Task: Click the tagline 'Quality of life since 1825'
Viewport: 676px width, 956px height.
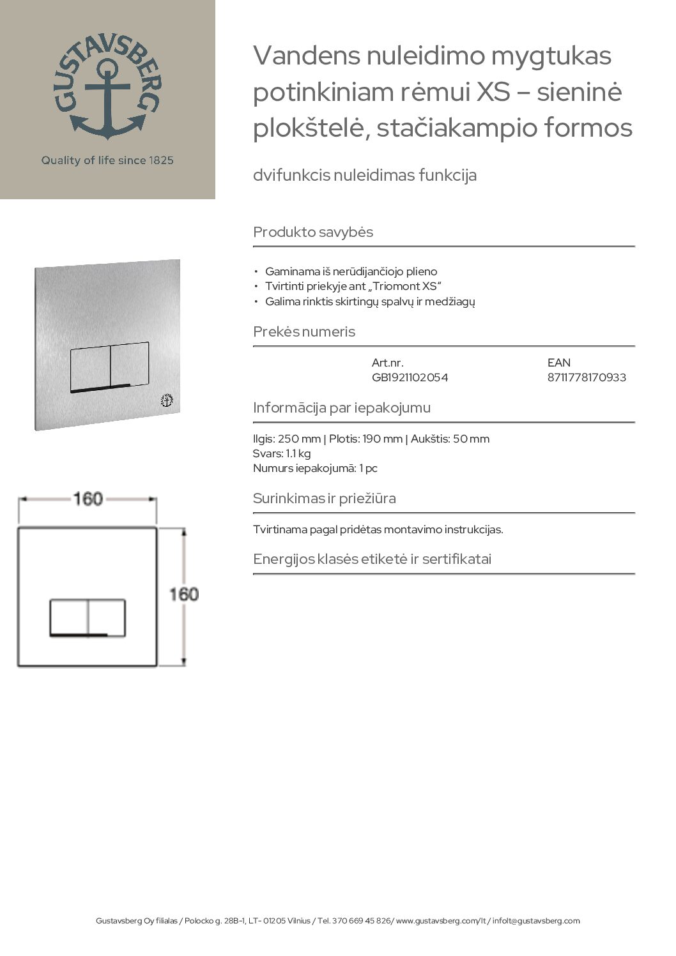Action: tap(107, 160)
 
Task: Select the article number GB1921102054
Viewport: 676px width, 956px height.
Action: tap(410, 377)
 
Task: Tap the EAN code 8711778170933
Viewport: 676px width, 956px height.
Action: tap(587, 377)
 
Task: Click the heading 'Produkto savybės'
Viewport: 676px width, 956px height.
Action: tap(313, 232)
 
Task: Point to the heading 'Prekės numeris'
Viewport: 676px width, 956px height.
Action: tap(304, 332)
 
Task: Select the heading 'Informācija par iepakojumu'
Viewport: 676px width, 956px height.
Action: tap(342, 407)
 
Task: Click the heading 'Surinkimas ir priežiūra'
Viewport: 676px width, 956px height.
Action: tap(325, 498)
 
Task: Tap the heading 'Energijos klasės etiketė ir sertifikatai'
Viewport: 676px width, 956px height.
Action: tap(372, 559)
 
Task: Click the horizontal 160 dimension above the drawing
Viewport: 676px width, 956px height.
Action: tap(88, 498)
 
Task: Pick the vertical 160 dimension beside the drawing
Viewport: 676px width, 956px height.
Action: tap(183, 595)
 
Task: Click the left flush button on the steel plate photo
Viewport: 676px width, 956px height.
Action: tap(89, 367)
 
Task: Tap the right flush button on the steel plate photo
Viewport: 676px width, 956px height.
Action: tap(130, 365)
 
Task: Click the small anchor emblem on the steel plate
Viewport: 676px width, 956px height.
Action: tap(167, 401)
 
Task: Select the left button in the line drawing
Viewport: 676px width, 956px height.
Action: tap(69, 617)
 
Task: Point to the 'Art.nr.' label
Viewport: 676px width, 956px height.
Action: tap(387, 363)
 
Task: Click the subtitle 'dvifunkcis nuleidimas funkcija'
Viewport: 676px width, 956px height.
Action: tap(365, 175)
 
